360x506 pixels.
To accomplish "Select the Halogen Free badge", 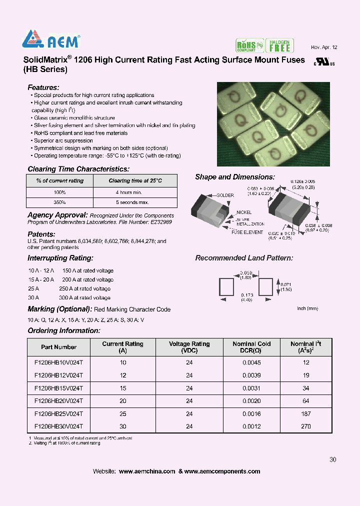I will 279,45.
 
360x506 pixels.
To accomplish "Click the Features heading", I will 43,87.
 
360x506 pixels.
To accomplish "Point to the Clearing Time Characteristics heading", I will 78,169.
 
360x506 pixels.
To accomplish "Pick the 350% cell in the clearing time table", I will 59,202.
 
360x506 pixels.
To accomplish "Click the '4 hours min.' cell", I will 129,192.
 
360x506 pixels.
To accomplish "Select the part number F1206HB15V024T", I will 58,388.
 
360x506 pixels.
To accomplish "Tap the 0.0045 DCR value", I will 251,362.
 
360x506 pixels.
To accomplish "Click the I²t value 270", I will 306,426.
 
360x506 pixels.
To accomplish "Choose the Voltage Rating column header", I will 189,347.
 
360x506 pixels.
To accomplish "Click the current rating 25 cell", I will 123,413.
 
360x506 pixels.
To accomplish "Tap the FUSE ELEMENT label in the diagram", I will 247,232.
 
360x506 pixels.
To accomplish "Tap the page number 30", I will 333,460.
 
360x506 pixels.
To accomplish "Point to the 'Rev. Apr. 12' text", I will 324,47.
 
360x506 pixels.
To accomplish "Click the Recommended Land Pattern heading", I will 244,258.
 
